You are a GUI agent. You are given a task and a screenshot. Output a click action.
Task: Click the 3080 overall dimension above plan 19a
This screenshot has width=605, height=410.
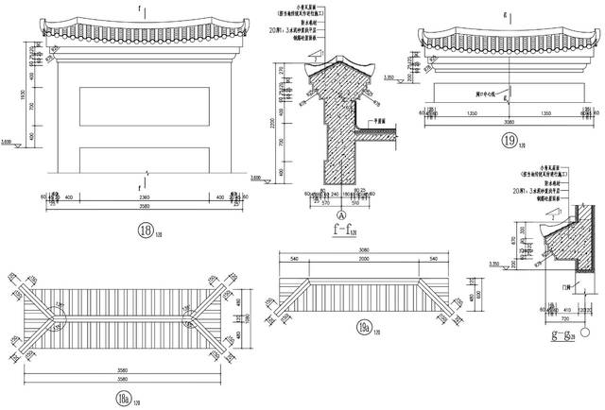click(x=363, y=248)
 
